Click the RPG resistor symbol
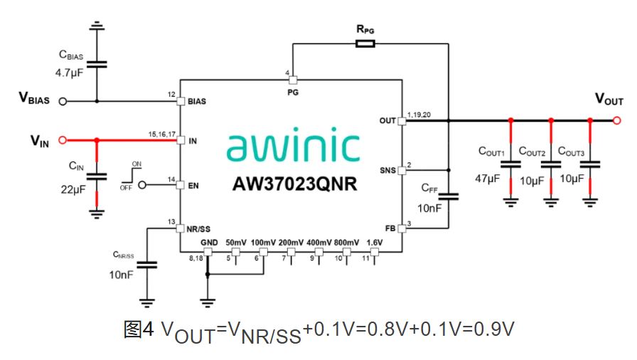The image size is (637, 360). click(365, 44)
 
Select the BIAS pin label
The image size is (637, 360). click(197, 102)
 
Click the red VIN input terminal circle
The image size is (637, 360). click(62, 140)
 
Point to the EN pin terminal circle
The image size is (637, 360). click(142, 185)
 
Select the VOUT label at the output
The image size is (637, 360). click(609, 100)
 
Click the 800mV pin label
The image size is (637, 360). click(346, 243)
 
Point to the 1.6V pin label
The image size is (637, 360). click(375, 243)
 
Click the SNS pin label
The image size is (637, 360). click(387, 171)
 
